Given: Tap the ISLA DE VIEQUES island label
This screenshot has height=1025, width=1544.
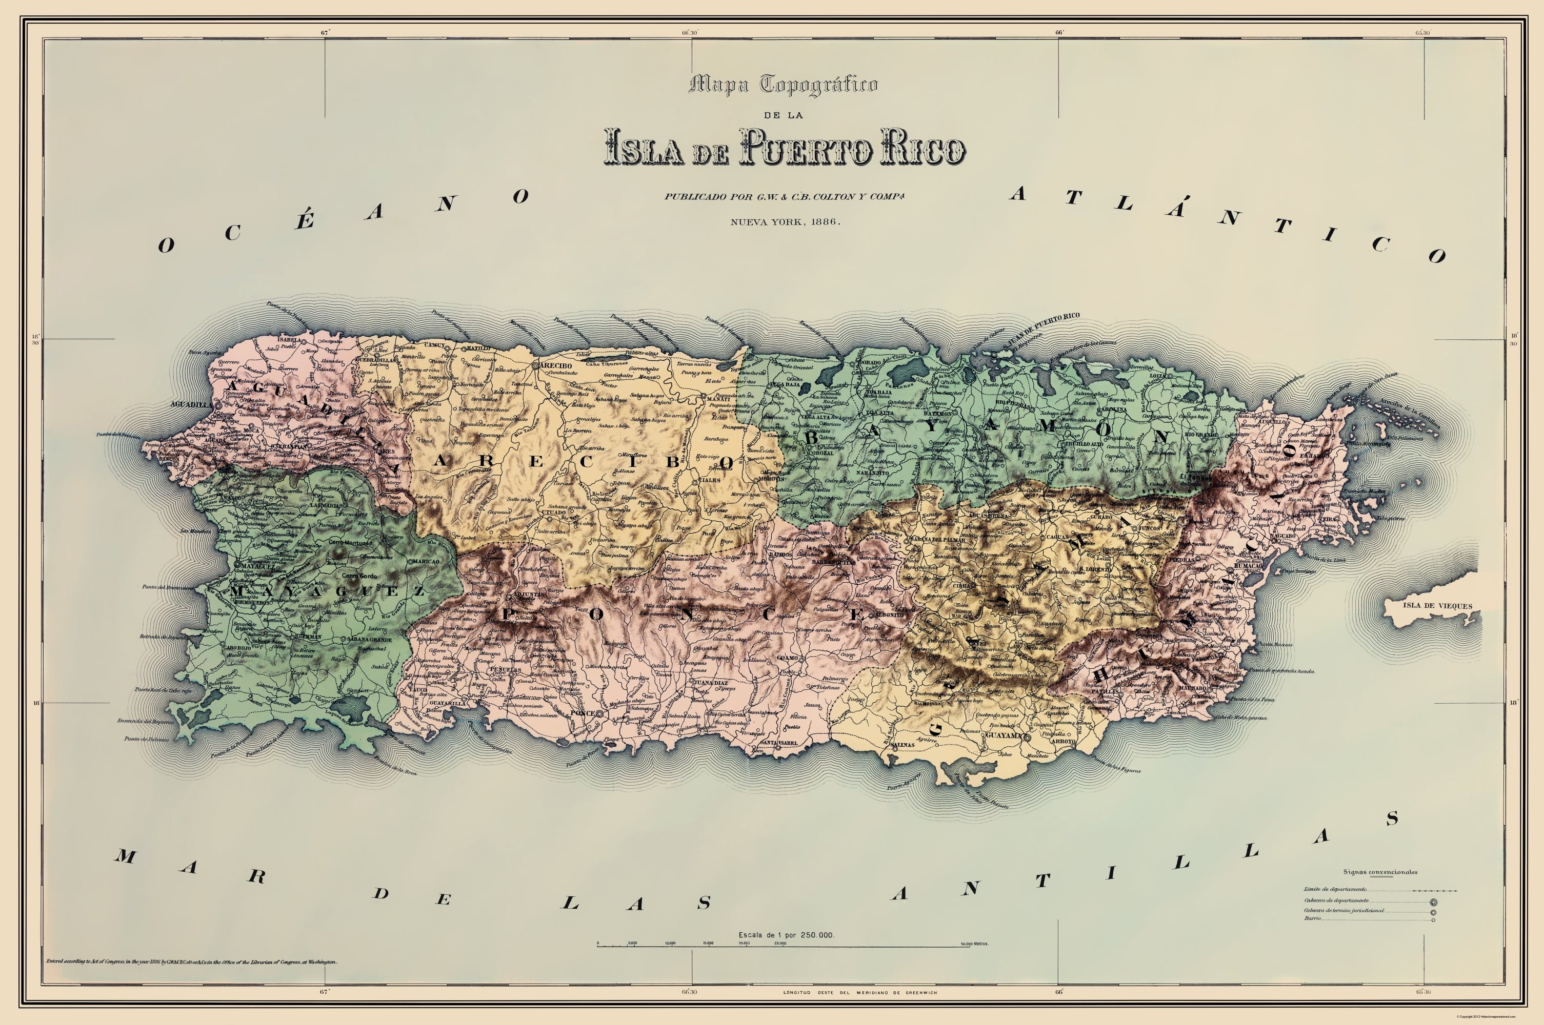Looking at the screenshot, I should (x=1437, y=605).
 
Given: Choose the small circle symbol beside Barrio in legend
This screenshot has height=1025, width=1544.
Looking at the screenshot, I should (x=1433, y=920).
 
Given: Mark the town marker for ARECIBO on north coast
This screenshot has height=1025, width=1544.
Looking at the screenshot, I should (x=535, y=366).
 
